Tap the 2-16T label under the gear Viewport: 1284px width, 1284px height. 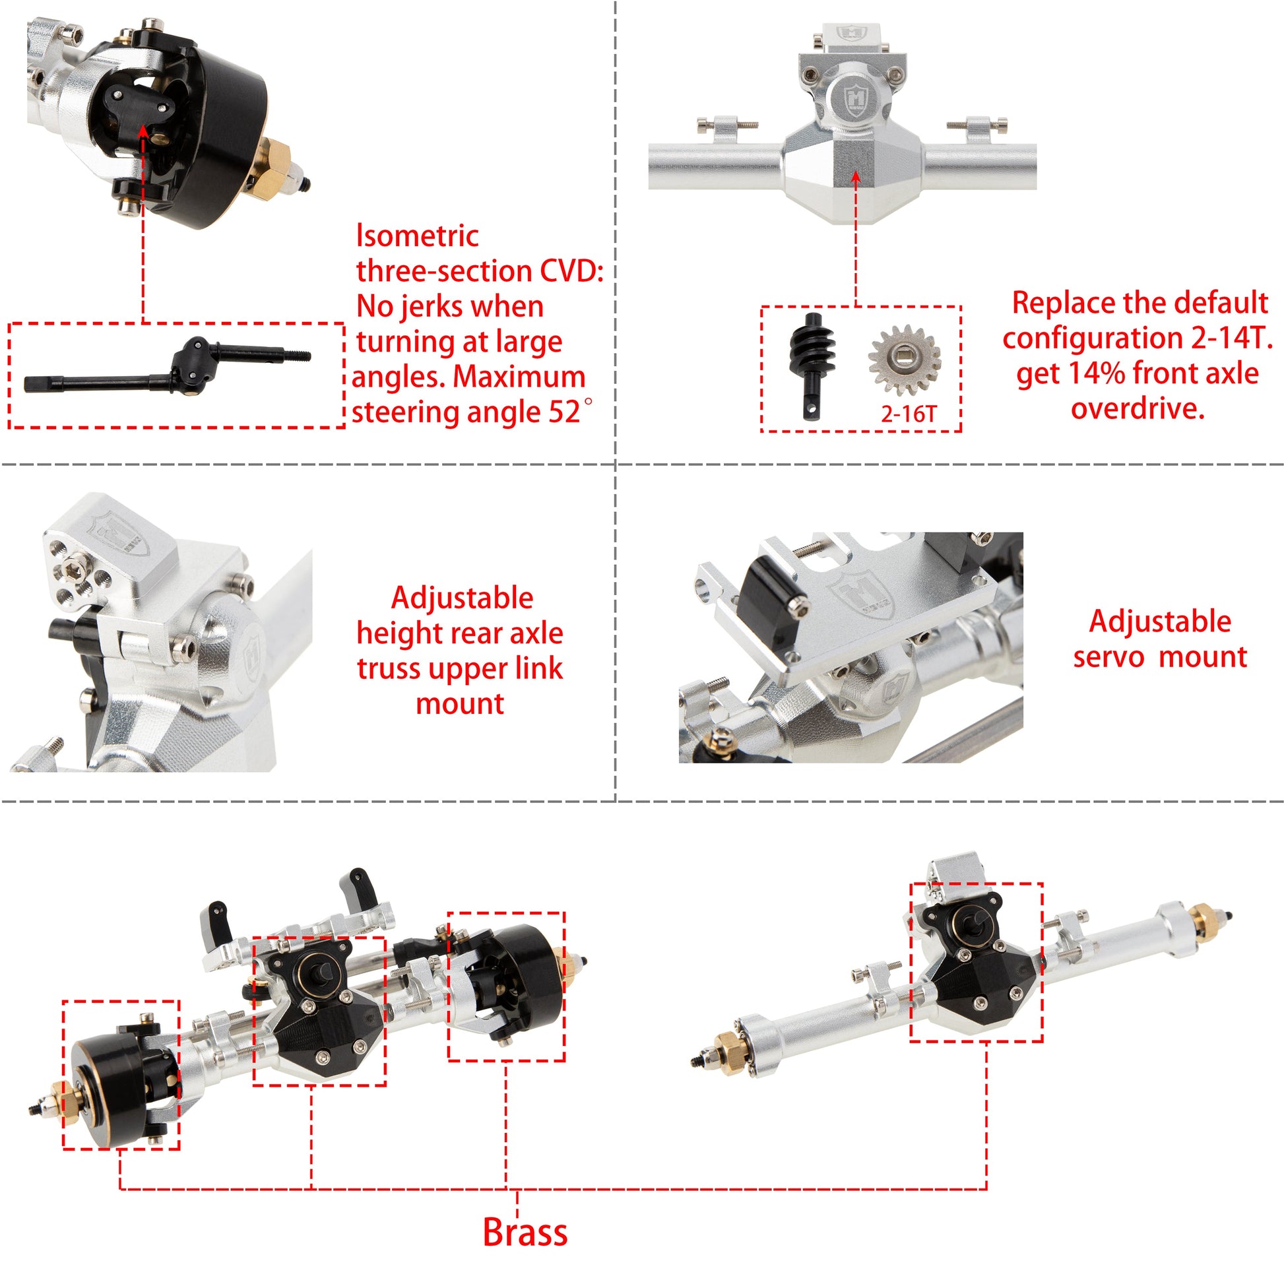tap(908, 414)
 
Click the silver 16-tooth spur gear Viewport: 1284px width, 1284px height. tap(904, 360)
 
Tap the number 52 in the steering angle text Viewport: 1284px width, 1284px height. tap(564, 412)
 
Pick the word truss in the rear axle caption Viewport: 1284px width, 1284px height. tap(388, 668)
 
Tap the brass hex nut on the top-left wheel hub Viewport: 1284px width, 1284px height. tap(273, 164)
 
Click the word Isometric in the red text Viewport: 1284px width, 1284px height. tap(418, 236)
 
